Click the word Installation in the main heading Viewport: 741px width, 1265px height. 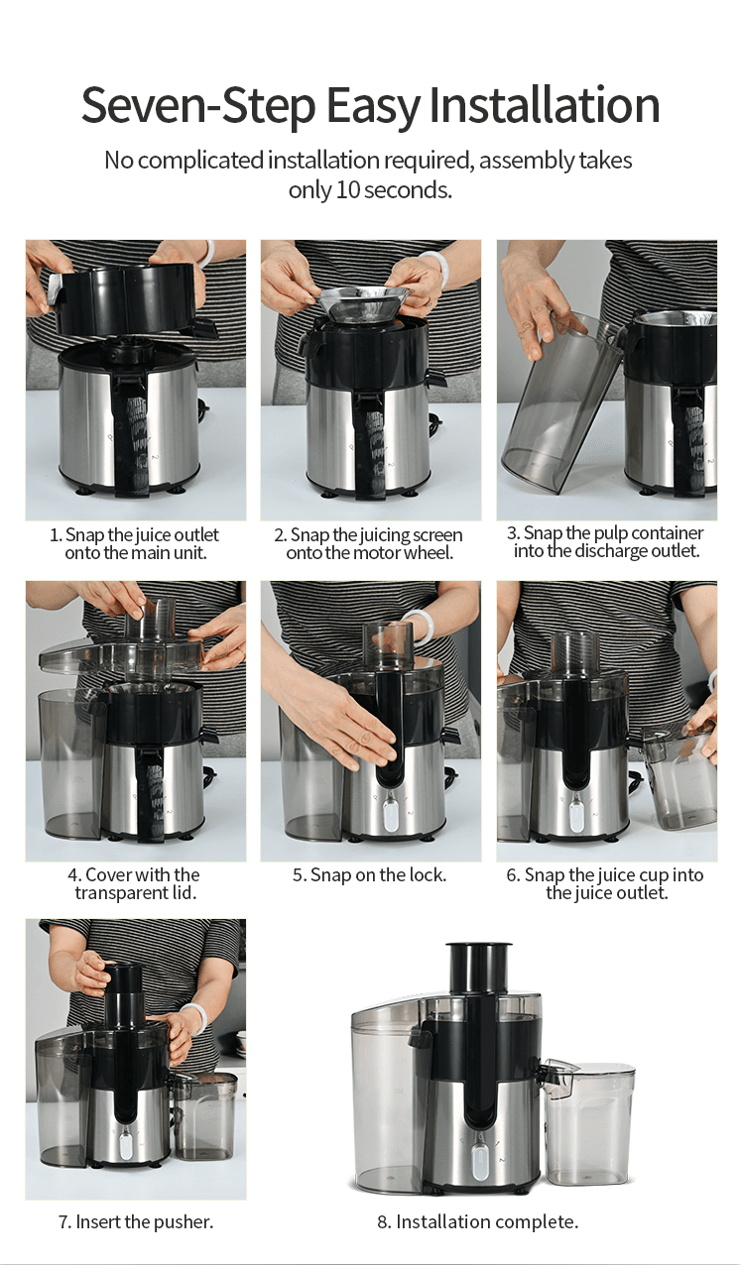(x=545, y=105)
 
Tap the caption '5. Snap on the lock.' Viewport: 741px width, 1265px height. (x=370, y=874)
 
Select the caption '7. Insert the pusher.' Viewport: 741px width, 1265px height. (x=136, y=1221)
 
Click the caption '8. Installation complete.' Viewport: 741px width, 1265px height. (x=477, y=1221)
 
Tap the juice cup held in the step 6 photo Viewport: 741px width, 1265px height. (x=679, y=777)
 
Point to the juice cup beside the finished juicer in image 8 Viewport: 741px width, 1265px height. (x=588, y=1125)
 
